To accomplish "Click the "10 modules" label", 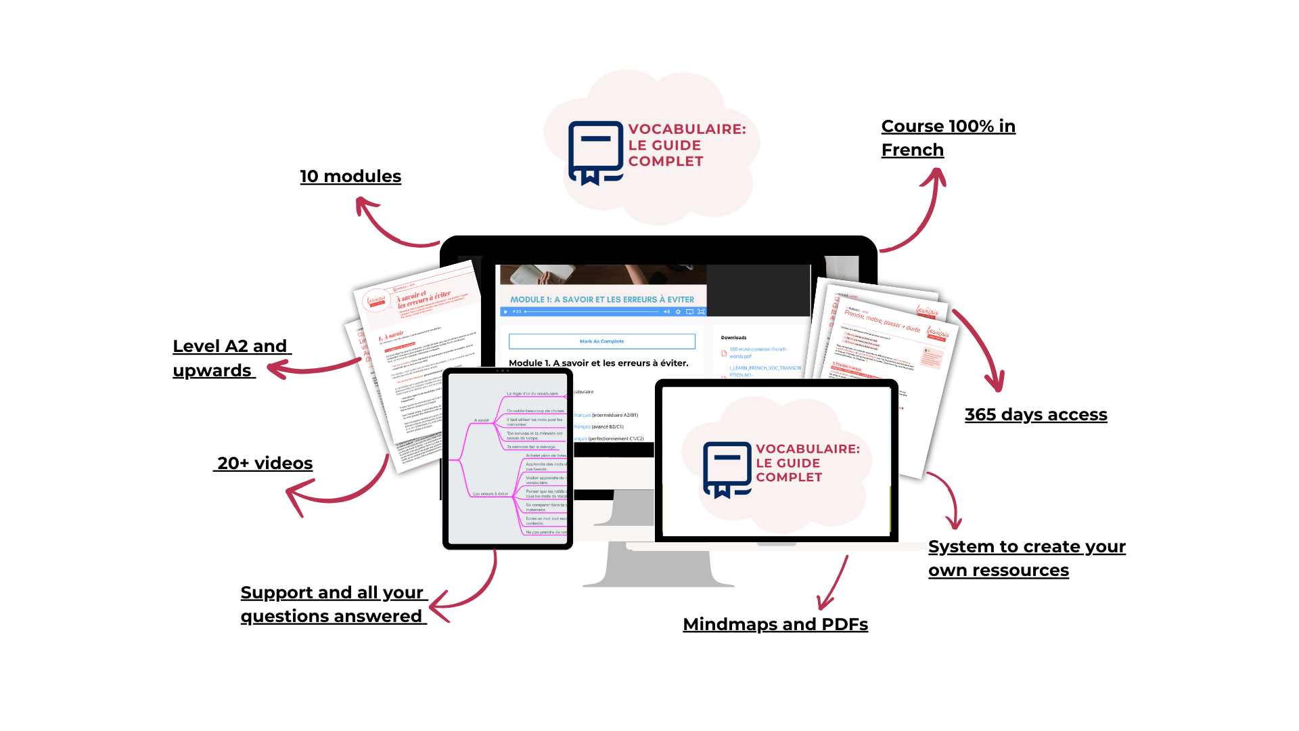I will pos(350,177).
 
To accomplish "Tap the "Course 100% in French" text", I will pos(947,138).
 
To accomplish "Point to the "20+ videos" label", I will pos(265,464).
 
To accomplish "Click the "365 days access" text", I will pos(1035,415).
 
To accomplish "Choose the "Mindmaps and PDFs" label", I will pos(775,624).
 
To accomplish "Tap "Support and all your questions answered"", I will pos(333,604).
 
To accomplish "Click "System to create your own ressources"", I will pos(1026,558).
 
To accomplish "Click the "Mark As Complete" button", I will pos(601,341).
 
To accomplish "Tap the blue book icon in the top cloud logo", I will pos(595,152).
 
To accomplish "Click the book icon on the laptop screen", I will pos(727,469).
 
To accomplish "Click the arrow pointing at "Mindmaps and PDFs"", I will pos(834,583).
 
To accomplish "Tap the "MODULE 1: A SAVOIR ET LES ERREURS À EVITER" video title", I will pos(601,299).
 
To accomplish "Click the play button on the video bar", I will pos(505,311).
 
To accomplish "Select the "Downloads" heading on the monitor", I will pos(733,337).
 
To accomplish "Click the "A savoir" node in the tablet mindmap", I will pos(482,420).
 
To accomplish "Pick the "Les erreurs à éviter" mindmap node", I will pos(490,494).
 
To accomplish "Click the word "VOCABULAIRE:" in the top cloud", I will pos(687,129).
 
